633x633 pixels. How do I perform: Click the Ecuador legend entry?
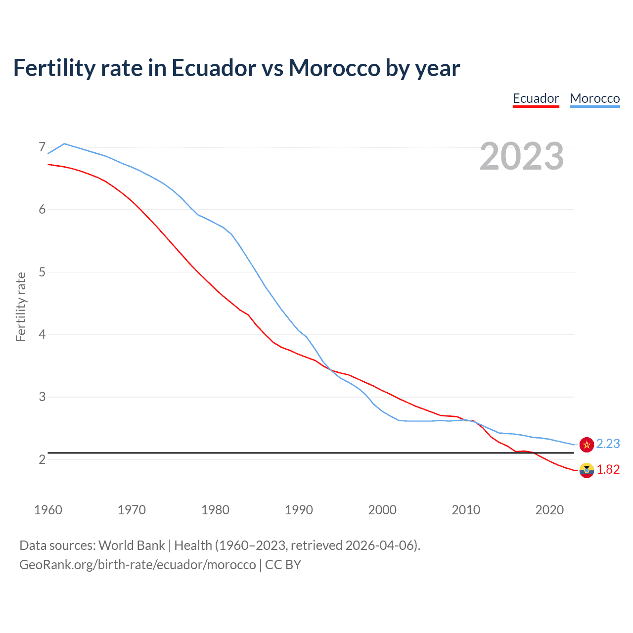point(536,98)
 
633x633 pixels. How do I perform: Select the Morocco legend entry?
point(594,98)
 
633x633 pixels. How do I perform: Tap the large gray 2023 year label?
point(521,156)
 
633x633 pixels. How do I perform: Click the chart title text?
point(236,68)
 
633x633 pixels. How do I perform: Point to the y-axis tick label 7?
point(42,147)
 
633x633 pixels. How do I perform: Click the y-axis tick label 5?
point(42,272)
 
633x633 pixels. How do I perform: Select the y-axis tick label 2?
point(42,459)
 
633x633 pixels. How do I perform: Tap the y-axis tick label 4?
point(42,335)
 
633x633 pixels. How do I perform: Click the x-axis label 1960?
point(48,510)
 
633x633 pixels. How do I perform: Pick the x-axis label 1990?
point(299,510)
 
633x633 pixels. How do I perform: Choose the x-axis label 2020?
point(549,510)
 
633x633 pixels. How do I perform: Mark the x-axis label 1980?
point(215,510)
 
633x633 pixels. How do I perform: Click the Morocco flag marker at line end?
point(587,445)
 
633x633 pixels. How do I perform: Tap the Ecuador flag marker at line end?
point(587,470)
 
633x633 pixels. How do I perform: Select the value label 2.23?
point(608,444)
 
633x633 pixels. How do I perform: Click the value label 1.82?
point(608,470)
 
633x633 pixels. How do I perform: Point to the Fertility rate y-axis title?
point(21,307)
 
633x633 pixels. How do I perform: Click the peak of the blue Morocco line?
point(64,144)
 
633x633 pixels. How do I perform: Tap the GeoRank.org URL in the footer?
point(137,565)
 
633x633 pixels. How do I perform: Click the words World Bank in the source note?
point(132,545)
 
